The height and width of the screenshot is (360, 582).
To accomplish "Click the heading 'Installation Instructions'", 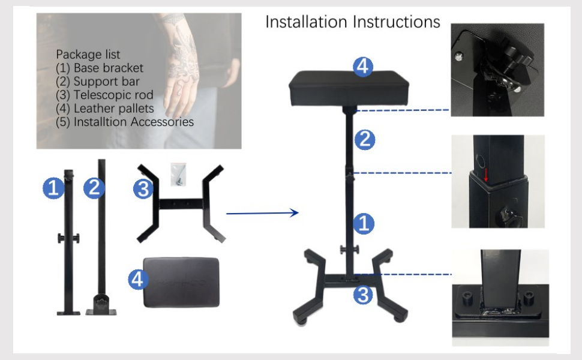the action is click(353, 22).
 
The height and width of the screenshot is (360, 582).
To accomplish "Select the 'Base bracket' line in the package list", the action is click(100, 68).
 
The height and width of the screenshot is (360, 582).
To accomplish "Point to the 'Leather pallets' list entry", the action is click(105, 109).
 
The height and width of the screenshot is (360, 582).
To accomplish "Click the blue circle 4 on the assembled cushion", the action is click(361, 67).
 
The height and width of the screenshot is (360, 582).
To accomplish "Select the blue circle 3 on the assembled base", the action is click(362, 295).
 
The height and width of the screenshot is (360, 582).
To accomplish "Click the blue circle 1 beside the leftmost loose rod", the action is click(53, 189).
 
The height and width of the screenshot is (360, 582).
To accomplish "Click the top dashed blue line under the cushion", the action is click(403, 110).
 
